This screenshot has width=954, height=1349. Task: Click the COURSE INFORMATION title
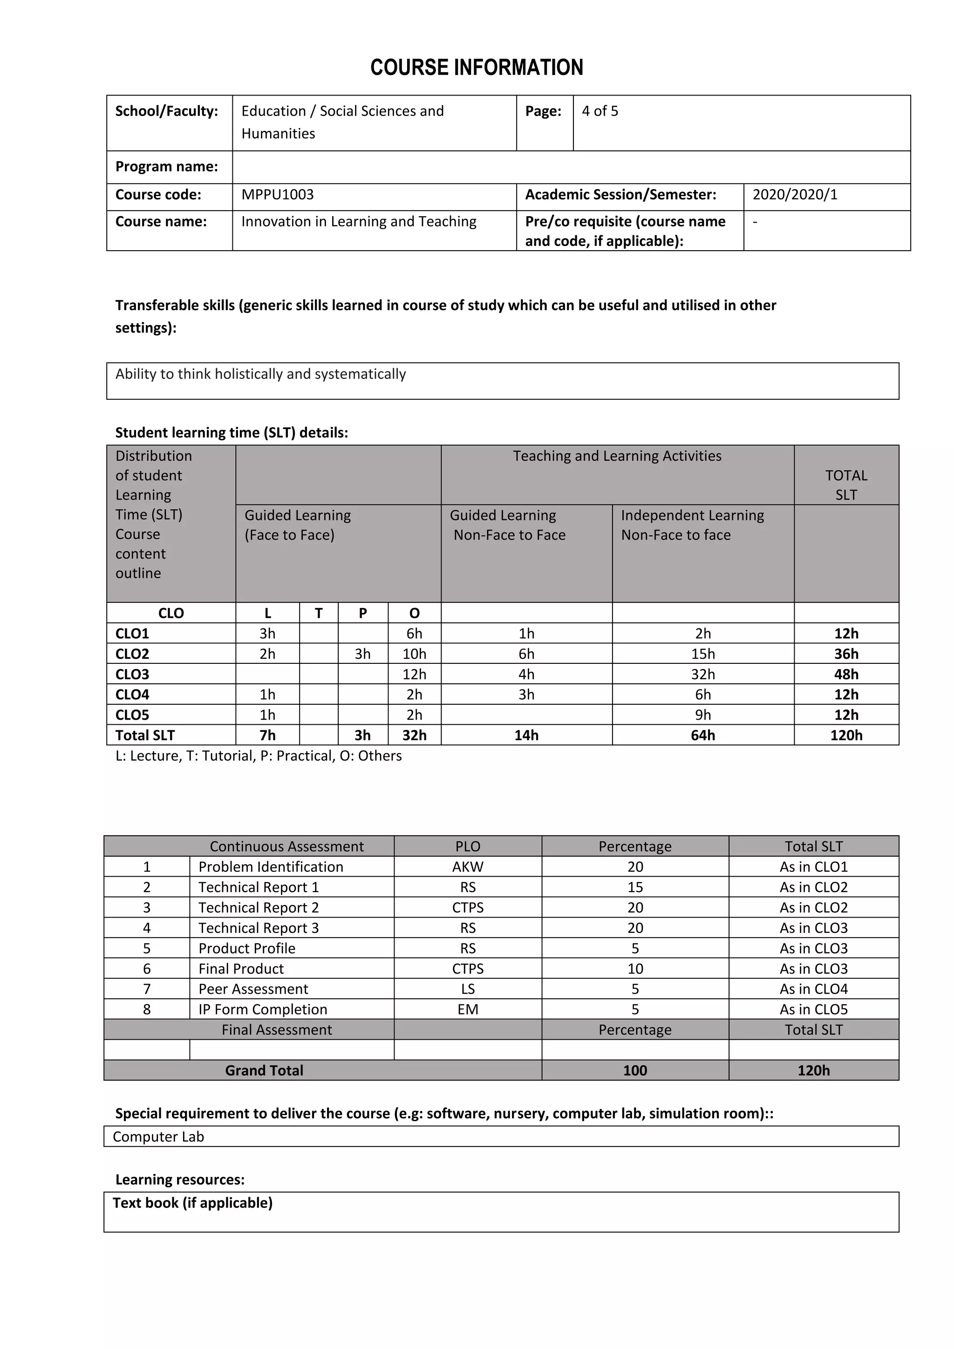(477, 68)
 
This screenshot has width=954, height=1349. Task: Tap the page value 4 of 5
(600, 111)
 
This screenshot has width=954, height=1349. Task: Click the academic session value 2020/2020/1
(795, 194)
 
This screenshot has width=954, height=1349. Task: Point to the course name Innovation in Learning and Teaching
(358, 222)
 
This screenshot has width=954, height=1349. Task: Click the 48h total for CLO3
(846, 674)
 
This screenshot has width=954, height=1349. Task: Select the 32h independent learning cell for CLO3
(702, 674)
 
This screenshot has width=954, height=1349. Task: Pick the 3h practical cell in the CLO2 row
(362, 654)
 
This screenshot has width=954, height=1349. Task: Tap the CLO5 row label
(132, 715)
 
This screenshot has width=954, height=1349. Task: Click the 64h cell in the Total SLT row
(702, 736)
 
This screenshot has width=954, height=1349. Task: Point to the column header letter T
(319, 613)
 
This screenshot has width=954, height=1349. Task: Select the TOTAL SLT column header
(846, 485)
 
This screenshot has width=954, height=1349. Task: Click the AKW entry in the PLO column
(468, 866)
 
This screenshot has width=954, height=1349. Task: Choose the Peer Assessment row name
(253, 989)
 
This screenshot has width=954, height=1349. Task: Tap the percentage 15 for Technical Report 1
(635, 887)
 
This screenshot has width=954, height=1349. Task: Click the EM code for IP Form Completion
(468, 1009)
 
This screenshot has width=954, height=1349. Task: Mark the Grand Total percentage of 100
(635, 1070)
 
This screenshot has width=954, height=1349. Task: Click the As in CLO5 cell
(814, 1009)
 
